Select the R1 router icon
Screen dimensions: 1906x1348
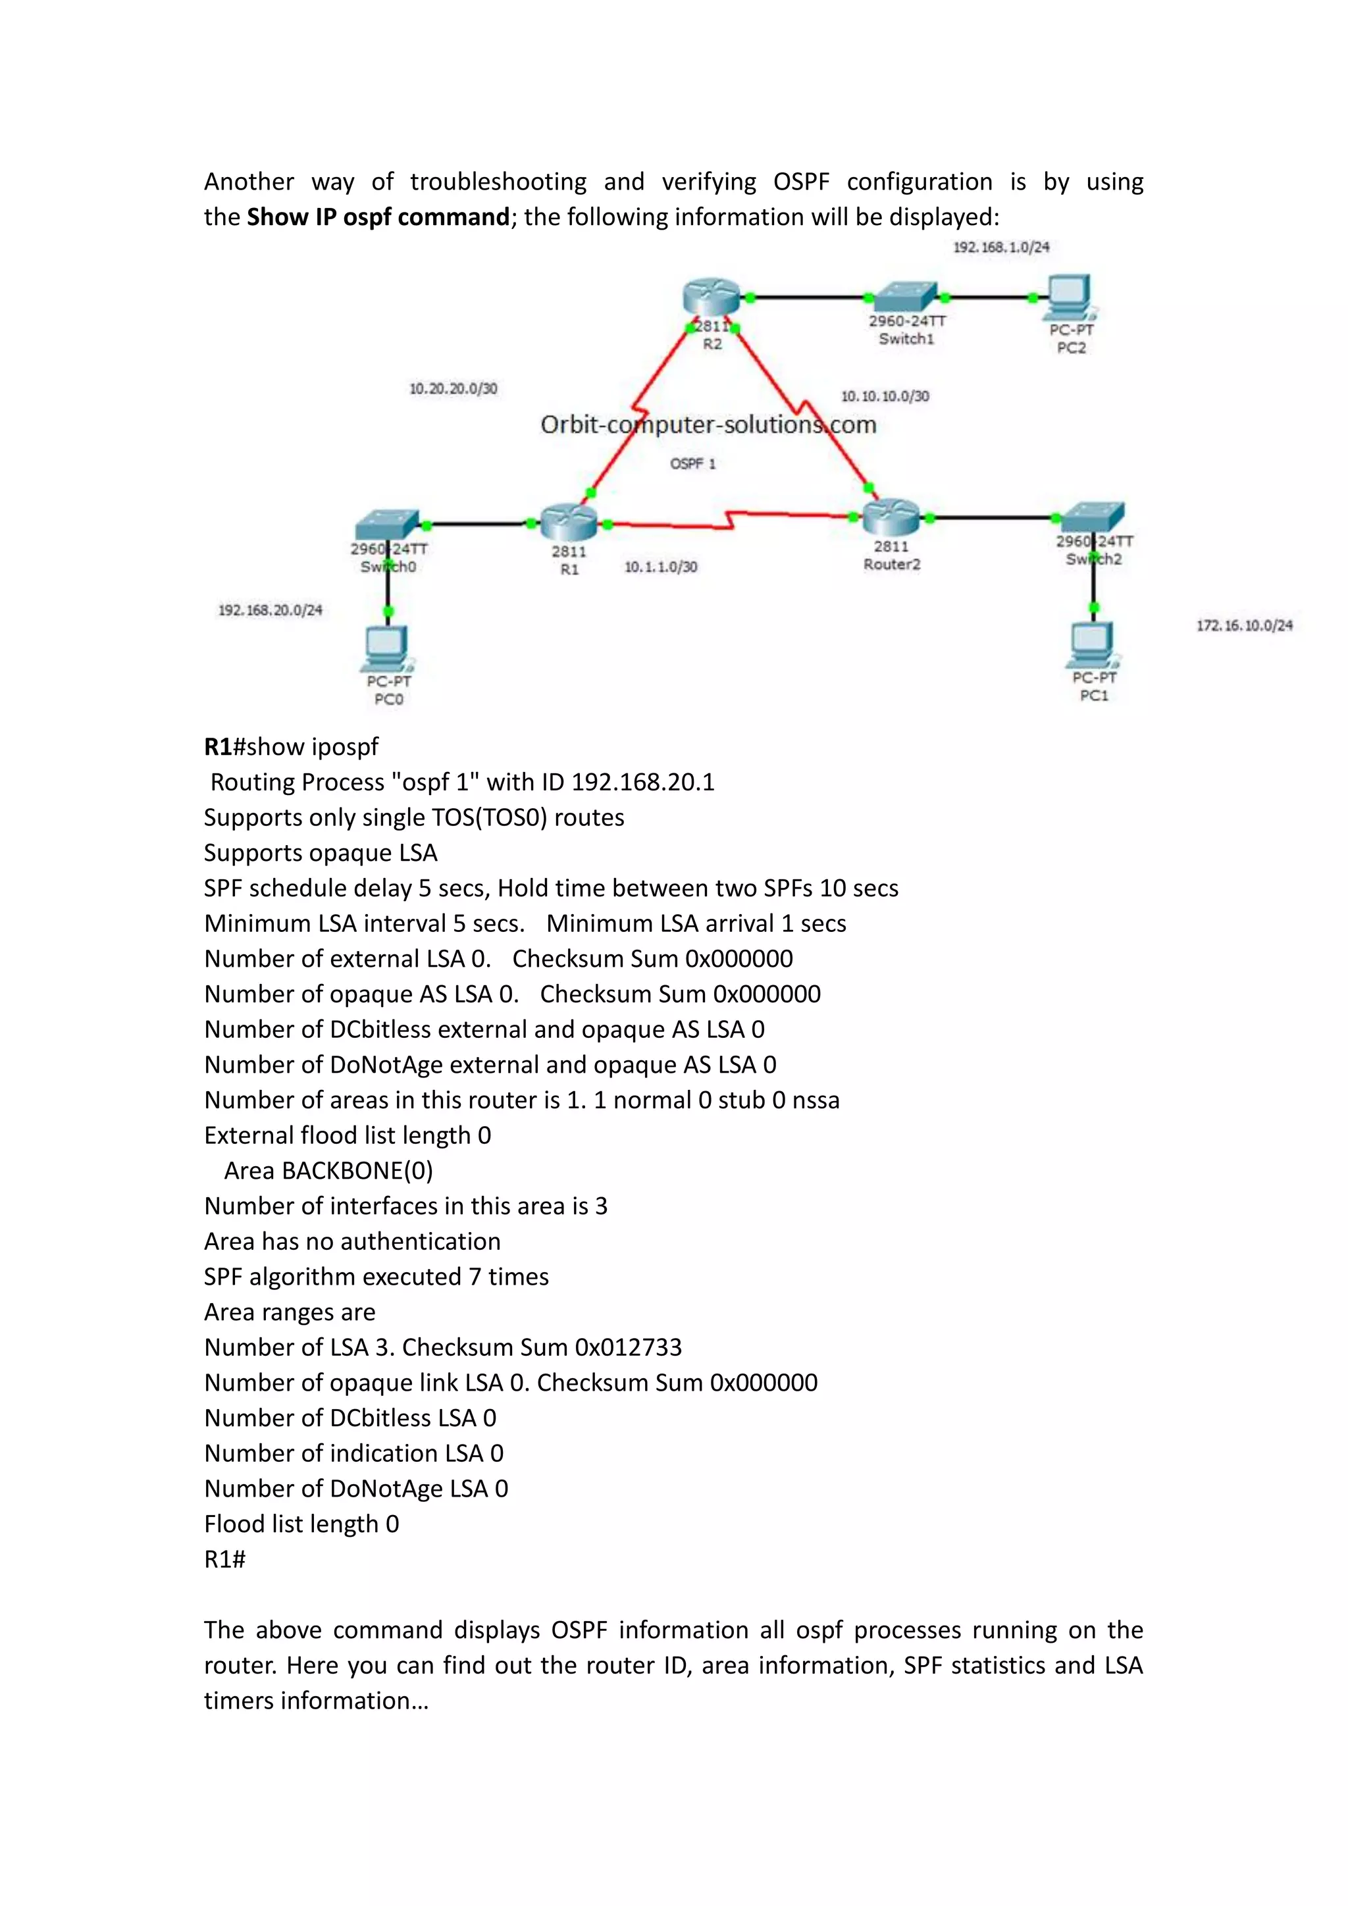[x=569, y=522]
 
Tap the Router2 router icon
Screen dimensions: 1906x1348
[x=891, y=517]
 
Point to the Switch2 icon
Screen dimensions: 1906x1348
[x=1093, y=517]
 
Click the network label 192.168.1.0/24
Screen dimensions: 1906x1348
[x=1000, y=247]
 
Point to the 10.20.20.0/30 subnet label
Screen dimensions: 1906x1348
[x=454, y=388]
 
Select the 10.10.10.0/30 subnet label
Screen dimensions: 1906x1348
[x=885, y=397]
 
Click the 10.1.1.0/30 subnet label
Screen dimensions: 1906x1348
[x=661, y=567]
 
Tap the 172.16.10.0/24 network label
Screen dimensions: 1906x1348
[x=1244, y=626]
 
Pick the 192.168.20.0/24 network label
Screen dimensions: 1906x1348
[x=270, y=610]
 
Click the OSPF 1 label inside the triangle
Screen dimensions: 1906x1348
[x=692, y=464]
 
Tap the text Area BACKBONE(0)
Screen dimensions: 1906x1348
[x=328, y=1170]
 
